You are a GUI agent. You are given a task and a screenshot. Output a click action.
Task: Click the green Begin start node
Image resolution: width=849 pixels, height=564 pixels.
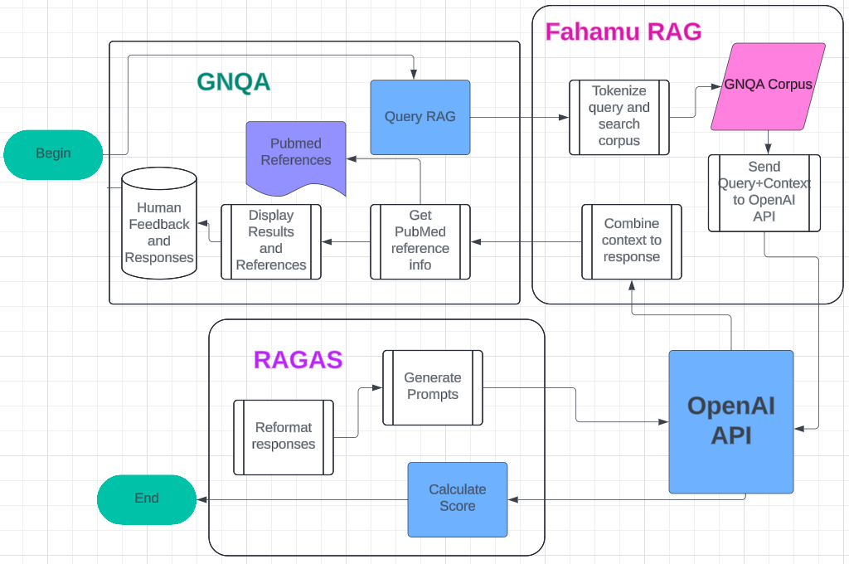53,153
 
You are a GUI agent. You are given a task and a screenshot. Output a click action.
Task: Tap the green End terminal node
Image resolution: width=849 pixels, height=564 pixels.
147,498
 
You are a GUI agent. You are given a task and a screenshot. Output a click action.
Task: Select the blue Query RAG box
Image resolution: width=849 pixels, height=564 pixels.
420,117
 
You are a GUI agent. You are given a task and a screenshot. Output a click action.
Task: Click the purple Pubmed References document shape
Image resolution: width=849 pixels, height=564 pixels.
296,153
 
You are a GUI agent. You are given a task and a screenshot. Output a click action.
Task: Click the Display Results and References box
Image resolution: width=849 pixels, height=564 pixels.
271,241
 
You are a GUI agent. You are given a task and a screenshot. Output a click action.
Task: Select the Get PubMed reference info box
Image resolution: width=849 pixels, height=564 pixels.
420,241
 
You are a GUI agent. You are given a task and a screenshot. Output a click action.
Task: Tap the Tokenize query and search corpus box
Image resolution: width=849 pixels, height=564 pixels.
619,117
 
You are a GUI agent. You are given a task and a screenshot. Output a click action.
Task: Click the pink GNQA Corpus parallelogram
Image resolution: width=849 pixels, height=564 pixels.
769,86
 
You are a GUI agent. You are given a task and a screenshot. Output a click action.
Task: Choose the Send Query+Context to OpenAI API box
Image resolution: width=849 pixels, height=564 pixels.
764,192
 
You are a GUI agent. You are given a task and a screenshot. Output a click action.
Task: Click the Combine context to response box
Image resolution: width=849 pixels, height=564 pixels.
632,241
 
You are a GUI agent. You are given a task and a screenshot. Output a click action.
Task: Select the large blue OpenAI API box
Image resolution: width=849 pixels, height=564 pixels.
731,421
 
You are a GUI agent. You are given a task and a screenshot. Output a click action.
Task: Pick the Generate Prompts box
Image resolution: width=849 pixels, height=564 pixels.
433,387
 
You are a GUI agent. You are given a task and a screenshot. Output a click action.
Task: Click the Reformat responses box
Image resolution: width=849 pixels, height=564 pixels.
284,437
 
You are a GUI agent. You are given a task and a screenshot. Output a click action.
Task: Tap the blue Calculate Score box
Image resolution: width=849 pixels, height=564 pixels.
458,498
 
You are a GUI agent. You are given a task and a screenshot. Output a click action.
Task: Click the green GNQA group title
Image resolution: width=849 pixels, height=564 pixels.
234,82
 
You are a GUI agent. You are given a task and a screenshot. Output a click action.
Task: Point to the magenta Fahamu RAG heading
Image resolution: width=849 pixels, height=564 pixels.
623,32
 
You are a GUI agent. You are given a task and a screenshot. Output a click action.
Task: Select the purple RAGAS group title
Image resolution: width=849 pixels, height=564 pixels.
298,360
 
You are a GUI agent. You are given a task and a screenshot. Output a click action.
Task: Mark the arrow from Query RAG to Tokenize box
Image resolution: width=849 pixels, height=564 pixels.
519,117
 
